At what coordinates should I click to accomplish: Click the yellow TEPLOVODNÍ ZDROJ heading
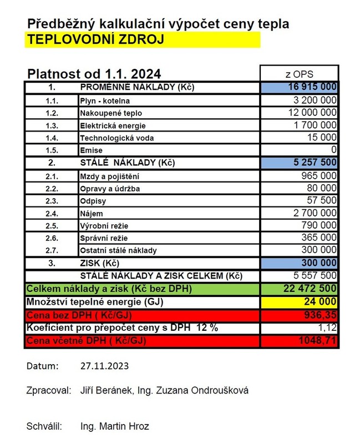[x=95, y=40]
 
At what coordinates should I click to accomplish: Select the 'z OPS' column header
[x=298, y=74]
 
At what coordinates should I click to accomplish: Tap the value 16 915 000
[x=312, y=88]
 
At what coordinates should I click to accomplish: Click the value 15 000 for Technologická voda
[x=322, y=138]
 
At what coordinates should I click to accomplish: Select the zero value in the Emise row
[x=333, y=150]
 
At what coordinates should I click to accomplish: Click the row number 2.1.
[x=50, y=176]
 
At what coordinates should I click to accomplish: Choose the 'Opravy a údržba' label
[x=110, y=189]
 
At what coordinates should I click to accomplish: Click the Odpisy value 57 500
[x=322, y=200]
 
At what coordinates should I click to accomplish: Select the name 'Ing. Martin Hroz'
[x=115, y=427]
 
